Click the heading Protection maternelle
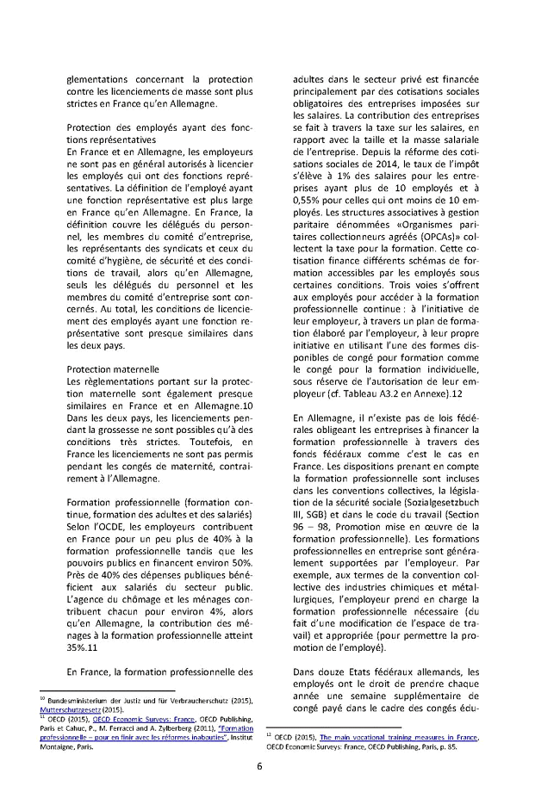[x=112, y=368]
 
